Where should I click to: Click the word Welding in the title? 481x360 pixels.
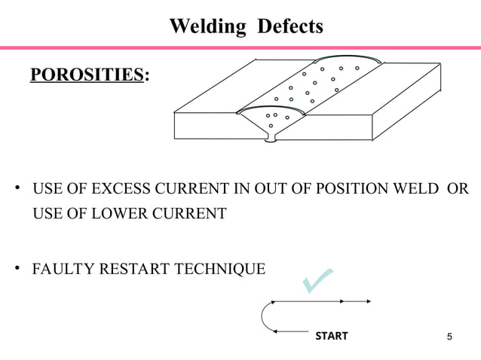point(207,27)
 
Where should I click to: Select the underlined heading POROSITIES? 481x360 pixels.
point(86,75)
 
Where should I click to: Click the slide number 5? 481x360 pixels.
point(450,336)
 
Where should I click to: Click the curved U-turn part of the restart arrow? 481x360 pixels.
point(264,316)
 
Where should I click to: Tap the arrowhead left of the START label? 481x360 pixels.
point(276,331)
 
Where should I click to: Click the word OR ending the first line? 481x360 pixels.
point(458,188)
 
